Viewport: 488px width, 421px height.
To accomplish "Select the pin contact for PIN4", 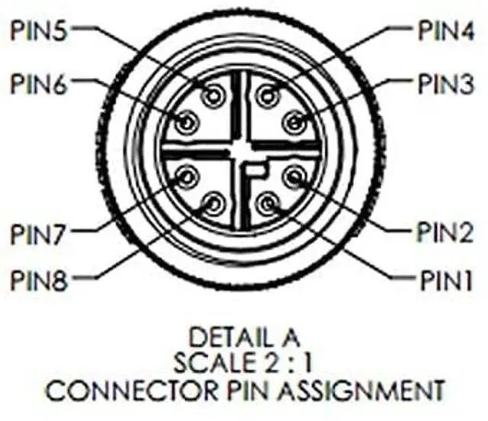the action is click(266, 95).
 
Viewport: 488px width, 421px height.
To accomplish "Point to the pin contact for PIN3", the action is click(294, 121).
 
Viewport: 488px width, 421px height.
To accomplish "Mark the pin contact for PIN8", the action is click(213, 203).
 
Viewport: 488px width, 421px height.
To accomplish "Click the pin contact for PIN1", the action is click(266, 203).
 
